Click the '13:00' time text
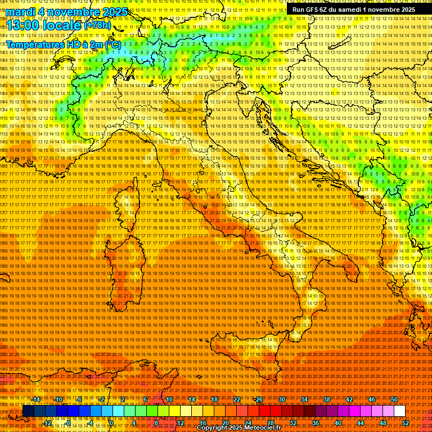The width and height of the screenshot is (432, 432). (22, 25)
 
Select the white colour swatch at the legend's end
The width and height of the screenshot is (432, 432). (399, 411)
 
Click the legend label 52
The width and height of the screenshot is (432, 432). (405, 422)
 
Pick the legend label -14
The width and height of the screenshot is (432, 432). (36, 399)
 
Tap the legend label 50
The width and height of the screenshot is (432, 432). (394, 399)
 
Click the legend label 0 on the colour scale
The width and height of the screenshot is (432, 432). (111, 422)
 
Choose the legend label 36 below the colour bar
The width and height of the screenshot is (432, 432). (315, 422)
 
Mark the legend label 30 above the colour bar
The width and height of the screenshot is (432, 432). (281, 399)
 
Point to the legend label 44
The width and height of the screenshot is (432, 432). (360, 422)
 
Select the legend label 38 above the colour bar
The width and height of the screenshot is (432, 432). (327, 399)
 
